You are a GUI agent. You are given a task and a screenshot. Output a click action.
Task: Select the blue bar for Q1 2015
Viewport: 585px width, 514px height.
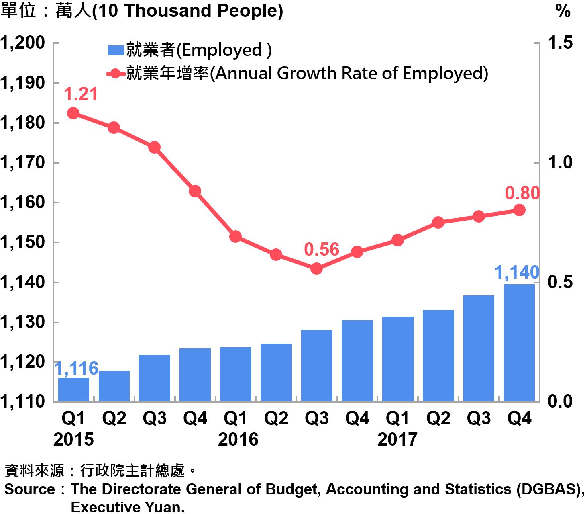pos(73,389)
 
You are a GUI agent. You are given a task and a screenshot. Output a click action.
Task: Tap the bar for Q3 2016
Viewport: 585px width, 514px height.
pos(316,365)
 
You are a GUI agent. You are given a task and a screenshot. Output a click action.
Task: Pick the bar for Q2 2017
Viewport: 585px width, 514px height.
pos(438,355)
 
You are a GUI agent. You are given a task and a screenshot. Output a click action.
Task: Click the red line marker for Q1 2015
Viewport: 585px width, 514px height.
pos(73,113)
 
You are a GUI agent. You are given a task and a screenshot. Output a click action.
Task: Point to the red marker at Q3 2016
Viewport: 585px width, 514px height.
pos(316,268)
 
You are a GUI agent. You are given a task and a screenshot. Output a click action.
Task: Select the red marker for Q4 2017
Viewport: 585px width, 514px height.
pos(519,210)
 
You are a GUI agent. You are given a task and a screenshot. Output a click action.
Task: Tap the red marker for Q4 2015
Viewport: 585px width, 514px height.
pos(195,191)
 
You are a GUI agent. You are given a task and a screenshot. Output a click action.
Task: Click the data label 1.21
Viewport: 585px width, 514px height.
pos(81,94)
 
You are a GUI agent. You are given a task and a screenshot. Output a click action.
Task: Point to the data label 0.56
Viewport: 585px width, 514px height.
pos(322,250)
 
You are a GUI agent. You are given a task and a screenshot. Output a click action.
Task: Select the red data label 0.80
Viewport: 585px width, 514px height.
pos(522,193)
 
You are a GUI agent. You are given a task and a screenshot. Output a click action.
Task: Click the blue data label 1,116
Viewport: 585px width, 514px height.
pos(76,368)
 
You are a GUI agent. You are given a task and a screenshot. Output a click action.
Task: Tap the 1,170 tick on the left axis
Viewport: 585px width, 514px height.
pos(22,162)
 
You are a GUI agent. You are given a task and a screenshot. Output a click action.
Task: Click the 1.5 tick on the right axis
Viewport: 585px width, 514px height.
pos(560,43)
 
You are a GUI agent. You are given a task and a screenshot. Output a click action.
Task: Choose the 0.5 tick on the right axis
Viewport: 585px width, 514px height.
pos(560,282)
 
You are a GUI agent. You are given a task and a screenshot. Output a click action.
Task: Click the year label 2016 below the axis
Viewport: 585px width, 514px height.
pos(238,439)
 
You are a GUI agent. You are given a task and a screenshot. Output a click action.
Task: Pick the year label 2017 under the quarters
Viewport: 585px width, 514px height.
pos(397,439)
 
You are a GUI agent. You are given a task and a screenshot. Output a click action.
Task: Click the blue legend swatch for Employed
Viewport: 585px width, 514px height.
pos(116,50)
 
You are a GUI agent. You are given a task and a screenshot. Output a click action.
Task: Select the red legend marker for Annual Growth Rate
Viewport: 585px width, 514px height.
pos(116,74)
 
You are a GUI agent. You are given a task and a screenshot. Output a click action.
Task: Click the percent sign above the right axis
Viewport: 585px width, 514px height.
pos(563,11)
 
